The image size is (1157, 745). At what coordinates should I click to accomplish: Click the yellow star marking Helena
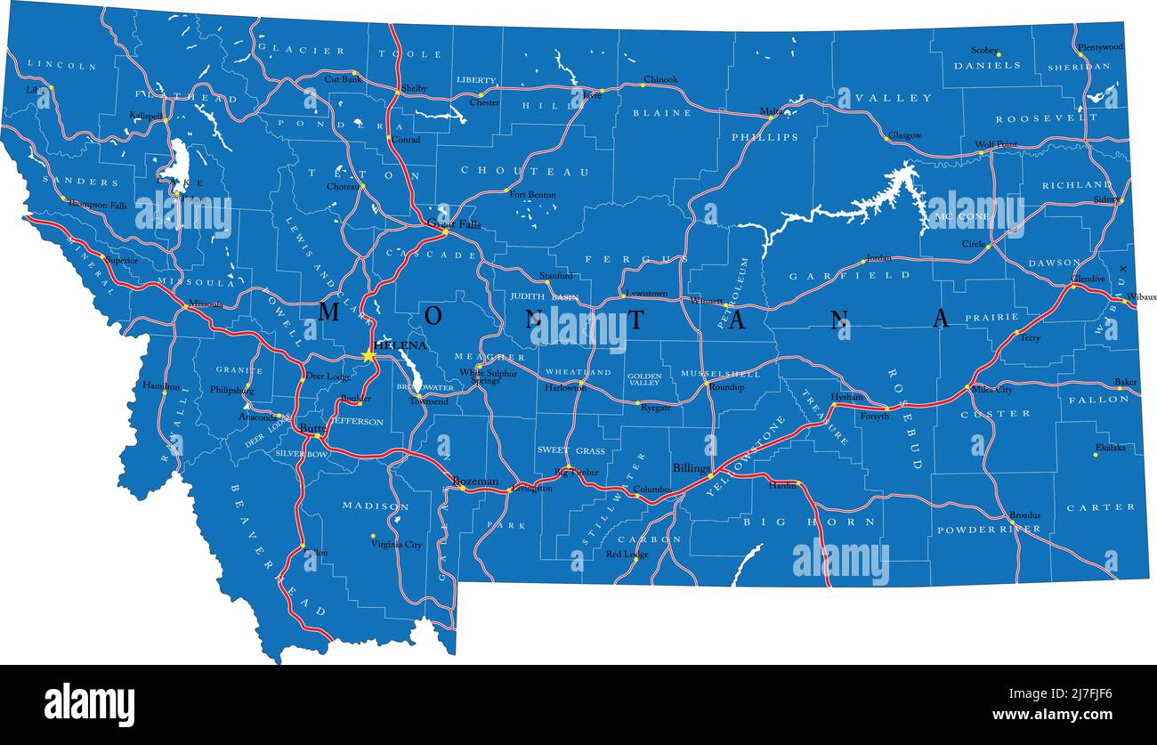368,355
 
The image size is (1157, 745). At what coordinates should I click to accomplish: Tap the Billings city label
691,467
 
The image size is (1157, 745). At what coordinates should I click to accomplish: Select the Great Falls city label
454,224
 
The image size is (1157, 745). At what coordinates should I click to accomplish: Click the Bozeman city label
475,481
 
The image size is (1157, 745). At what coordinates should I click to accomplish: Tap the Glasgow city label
904,135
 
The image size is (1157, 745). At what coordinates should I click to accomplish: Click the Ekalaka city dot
1095,455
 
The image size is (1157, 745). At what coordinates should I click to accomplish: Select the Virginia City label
396,544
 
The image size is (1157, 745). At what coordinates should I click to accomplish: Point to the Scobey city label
984,51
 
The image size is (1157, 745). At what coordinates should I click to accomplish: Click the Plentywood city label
1100,46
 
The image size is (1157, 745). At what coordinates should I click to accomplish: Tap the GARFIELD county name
849,276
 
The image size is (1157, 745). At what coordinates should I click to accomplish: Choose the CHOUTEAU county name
524,171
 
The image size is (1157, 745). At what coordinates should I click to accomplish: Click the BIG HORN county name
809,522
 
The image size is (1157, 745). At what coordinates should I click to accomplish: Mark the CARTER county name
1101,507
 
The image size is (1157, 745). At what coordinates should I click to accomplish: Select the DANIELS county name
987,66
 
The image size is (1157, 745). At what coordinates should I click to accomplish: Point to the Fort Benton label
532,195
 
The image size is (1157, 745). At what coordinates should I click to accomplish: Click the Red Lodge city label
627,555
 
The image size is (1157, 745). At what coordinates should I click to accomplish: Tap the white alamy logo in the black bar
89,705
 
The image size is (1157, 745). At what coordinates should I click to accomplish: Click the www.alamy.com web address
1048,714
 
